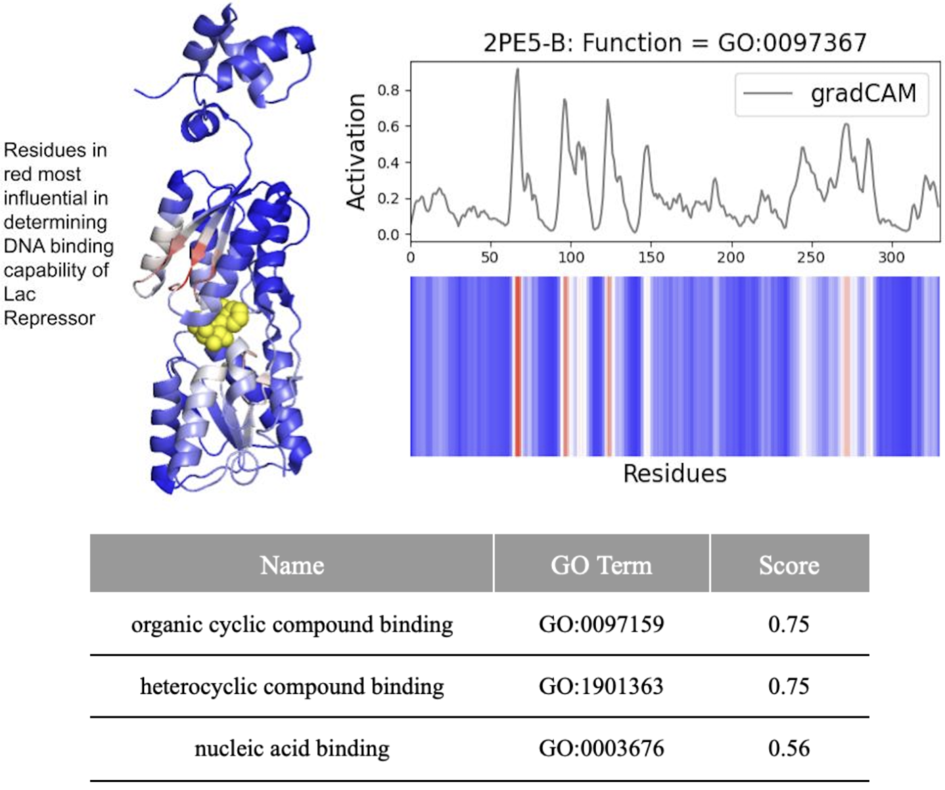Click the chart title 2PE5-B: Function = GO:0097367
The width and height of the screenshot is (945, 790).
coord(675,43)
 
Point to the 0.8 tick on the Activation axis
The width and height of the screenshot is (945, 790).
coord(390,90)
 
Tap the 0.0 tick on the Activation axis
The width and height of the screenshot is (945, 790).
coord(390,235)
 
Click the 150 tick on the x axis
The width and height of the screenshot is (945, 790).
coord(651,257)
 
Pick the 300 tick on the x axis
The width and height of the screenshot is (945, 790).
coord(891,257)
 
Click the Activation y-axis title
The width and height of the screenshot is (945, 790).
coord(356,152)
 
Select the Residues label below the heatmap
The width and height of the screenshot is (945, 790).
coord(674,474)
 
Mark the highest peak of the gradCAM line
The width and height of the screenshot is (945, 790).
coord(517,69)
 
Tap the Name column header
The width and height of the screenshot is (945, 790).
coord(292,565)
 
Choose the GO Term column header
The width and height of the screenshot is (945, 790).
coord(601,565)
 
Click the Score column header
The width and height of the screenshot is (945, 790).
coord(789,565)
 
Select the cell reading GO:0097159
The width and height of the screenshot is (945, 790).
coord(601,624)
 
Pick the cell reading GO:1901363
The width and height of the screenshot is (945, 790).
coord(601,686)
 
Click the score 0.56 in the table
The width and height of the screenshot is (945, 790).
coord(789,749)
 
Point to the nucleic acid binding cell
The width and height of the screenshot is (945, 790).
coord(292,749)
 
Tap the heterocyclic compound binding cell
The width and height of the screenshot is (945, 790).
coord(292,686)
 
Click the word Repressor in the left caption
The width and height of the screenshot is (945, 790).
coord(50,318)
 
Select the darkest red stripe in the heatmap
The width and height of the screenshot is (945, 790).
coord(518,366)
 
